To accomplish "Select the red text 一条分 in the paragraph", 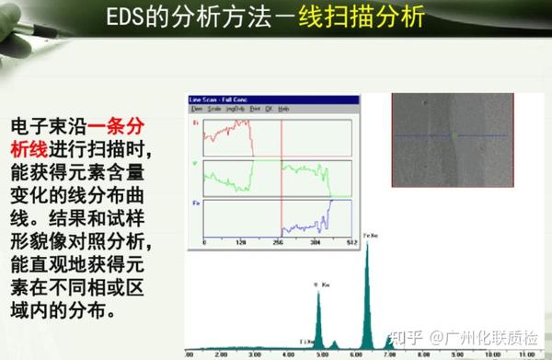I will click(116, 125).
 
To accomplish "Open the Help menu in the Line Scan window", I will click(284, 108).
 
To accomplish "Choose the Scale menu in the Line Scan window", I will click(214, 108).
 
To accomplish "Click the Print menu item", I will click(254, 108).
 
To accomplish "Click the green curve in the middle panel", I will click(304, 170).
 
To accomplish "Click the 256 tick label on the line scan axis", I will click(277, 241).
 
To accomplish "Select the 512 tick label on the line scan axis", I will click(351, 241).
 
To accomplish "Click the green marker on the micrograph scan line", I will click(453, 135).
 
